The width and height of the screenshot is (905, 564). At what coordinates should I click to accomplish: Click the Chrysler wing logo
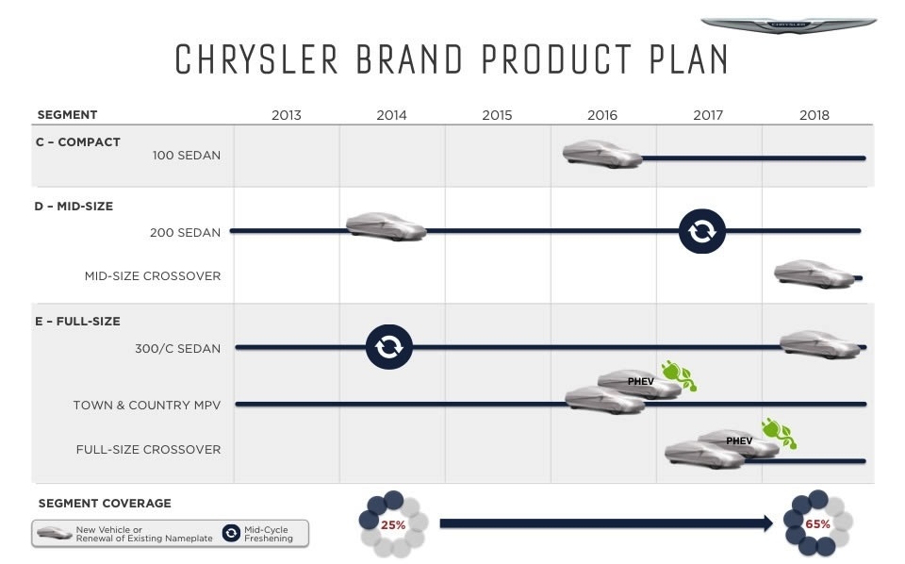point(788,25)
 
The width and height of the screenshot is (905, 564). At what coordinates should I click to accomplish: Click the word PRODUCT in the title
point(556,58)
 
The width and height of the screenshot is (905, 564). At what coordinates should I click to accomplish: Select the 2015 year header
point(497,115)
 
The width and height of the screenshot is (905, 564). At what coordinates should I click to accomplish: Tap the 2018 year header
point(814,115)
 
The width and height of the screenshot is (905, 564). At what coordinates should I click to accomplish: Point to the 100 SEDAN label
point(187,156)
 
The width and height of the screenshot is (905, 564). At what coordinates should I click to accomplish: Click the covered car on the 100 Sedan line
point(602,154)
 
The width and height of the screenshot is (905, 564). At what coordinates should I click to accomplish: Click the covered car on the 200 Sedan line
point(386,226)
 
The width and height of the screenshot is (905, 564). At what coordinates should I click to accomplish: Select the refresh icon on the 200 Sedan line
point(701,231)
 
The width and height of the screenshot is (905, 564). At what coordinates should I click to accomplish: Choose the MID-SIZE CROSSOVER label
point(153,276)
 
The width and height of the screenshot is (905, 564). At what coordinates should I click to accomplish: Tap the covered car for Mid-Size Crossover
point(814,274)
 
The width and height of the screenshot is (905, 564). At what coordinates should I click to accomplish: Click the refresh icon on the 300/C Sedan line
point(389,347)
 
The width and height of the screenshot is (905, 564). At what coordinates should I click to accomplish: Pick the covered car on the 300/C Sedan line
point(820,344)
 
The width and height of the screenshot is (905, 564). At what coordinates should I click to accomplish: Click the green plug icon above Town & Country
point(680,375)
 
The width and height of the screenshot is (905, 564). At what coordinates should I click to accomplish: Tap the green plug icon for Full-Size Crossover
point(780,434)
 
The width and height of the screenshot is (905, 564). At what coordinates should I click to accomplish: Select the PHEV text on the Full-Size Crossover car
point(739,441)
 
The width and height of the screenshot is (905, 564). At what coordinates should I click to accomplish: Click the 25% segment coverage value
point(392,524)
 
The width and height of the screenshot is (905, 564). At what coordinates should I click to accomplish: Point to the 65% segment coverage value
point(817,524)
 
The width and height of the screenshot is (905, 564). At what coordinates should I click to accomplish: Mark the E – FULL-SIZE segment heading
point(78,322)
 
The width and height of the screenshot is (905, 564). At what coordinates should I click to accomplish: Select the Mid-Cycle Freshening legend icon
point(232,533)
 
